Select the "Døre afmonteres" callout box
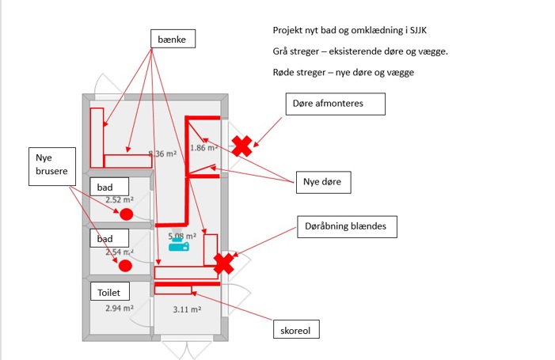(x=336, y=104)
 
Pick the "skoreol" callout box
(x=295, y=328)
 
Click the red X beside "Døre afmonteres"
(x=241, y=145)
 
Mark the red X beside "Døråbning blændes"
(x=225, y=263)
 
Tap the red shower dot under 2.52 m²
(x=126, y=214)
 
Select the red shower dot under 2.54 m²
(x=124, y=265)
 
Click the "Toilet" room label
(x=108, y=292)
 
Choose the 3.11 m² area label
(x=187, y=309)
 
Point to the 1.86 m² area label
(x=204, y=148)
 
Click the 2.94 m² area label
(x=120, y=308)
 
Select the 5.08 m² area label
(x=182, y=236)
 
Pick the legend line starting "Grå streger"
(x=359, y=51)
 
